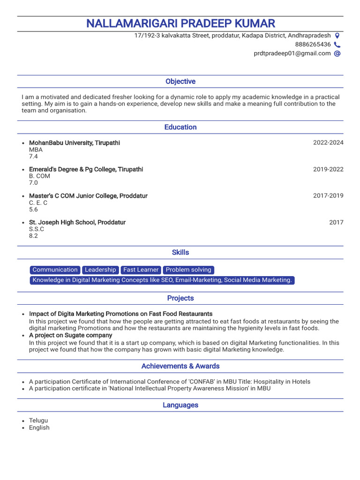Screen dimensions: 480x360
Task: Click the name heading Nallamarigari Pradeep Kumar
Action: (180, 23)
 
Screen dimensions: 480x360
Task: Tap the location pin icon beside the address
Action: (337, 36)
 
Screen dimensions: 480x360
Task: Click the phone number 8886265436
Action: (313, 45)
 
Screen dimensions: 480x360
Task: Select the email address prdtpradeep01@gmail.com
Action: (292, 53)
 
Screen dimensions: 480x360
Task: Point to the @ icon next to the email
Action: (337, 53)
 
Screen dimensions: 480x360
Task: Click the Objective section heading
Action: (180, 82)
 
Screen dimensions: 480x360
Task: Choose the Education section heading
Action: (180, 127)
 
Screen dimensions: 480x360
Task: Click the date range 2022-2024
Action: (328, 142)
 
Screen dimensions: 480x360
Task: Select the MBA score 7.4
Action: (33, 157)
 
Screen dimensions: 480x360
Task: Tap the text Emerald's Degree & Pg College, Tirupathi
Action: (86, 169)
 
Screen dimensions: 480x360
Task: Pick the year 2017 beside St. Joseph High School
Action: (336, 223)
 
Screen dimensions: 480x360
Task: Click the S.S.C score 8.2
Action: (33, 236)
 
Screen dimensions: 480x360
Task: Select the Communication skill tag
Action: (55, 270)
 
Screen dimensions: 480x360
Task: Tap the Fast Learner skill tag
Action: (141, 270)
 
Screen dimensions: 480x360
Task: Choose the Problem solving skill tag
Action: (188, 270)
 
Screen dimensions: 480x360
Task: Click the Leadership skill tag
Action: (100, 270)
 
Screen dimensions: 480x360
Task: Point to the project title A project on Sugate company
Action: (70, 335)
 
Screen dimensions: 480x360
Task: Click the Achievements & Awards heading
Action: (180, 366)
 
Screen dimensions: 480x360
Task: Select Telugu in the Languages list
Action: (38, 420)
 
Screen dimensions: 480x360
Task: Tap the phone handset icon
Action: (337, 45)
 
